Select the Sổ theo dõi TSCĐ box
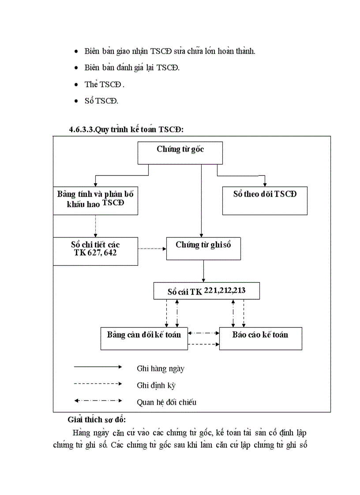pyautogui.click(x=265, y=200)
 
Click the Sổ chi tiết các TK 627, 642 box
pyautogui.click(x=95, y=251)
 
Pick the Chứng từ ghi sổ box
pyautogui.click(x=203, y=248)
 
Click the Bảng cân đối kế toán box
pyautogui.click(x=144, y=338)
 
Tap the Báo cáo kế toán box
pyautogui.click(x=260, y=338)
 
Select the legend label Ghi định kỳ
pyautogui.click(x=156, y=385)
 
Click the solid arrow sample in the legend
pyautogui.click(x=98, y=366)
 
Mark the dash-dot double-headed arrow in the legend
pyautogui.click(x=98, y=400)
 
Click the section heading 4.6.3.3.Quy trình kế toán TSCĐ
pyautogui.click(x=126, y=130)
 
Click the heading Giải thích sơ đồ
pyautogui.click(x=97, y=419)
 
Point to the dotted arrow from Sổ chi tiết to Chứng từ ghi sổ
pyautogui.click(x=152, y=249)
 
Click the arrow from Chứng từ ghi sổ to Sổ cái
pyautogui.click(x=203, y=271)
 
